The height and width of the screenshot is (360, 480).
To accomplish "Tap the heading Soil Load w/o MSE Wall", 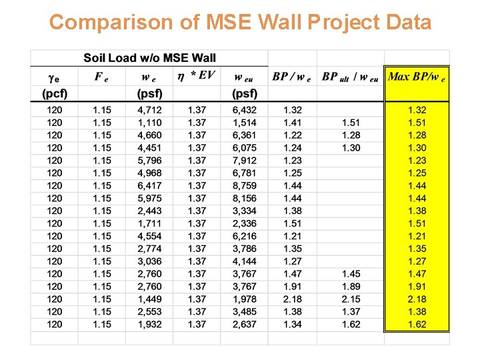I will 149,58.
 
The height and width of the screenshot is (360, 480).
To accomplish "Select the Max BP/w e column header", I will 417,76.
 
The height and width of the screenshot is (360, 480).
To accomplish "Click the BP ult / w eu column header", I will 350,76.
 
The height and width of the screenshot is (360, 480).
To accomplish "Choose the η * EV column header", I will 196,75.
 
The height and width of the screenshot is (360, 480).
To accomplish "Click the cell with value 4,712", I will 149,110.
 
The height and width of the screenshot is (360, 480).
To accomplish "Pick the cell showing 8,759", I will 244,185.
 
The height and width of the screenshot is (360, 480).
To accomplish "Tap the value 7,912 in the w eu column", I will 244,161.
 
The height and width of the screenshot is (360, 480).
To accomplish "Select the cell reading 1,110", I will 149,123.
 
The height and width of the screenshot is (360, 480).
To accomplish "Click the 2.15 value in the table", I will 351,299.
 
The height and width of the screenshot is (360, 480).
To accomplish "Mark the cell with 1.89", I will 351,287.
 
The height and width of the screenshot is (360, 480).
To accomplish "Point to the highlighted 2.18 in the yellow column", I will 417,299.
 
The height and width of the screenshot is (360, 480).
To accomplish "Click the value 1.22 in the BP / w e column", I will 292,135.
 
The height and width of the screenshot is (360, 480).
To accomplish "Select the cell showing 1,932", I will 149,324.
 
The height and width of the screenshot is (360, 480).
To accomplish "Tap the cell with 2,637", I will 244,324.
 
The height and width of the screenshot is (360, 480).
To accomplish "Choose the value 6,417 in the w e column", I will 149,185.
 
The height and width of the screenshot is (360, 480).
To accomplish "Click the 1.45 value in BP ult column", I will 351,274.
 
